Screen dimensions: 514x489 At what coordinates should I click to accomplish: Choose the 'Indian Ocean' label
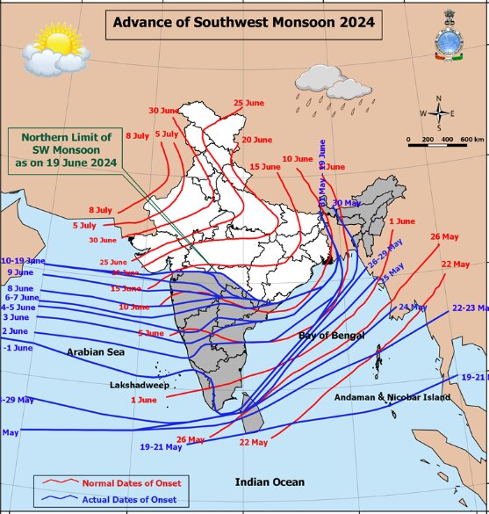[270, 481]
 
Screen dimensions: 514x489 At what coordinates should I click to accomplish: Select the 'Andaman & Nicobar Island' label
[392, 397]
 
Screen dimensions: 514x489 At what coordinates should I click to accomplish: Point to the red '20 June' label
[256, 140]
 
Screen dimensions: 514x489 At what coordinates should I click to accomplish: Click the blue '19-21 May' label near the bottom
[161, 447]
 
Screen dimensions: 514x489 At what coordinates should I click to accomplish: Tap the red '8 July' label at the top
[138, 136]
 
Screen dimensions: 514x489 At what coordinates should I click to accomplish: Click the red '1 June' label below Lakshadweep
[143, 400]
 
